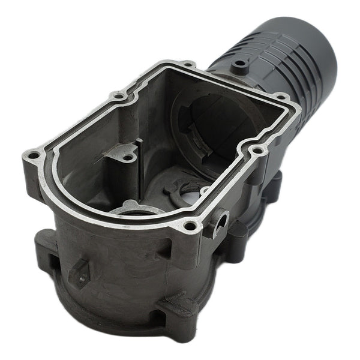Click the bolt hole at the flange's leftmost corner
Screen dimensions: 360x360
(x=34, y=157)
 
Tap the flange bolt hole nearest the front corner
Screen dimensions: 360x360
(x=190, y=226)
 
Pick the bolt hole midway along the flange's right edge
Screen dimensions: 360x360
(x=257, y=151)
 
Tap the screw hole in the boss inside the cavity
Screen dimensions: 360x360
(x=128, y=158)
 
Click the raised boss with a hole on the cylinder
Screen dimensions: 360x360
(x=241, y=62)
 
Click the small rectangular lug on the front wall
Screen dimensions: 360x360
(x=80, y=272)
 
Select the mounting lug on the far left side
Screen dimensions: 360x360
(x=45, y=243)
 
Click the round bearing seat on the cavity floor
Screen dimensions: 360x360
(x=138, y=210)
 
